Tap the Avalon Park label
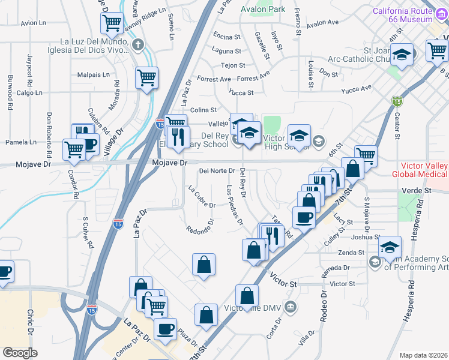click(263, 10)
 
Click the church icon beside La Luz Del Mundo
click(138, 44)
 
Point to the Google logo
click(20, 353)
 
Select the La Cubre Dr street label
click(202, 197)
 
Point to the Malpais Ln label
click(94, 75)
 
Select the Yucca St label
click(241, 92)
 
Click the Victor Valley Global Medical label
click(420, 170)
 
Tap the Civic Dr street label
click(29, 322)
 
